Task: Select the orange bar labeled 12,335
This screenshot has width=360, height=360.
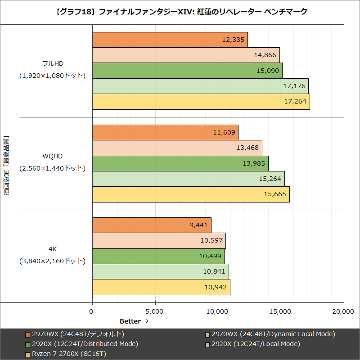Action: [x=170, y=40]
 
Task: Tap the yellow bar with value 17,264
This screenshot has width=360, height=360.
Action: [x=201, y=102]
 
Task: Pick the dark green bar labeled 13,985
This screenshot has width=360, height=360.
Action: [x=180, y=163]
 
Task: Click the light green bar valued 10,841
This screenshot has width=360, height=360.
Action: [x=160, y=271]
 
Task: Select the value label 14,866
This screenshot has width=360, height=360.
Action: [x=265, y=55]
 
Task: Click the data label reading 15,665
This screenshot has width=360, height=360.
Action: [x=274, y=194]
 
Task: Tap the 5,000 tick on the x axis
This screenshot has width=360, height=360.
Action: [x=155, y=311]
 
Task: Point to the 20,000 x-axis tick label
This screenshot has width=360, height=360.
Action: [x=344, y=311]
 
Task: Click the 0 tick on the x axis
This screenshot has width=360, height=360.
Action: [x=92, y=311]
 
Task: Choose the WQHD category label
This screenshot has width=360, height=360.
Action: [x=52, y=157]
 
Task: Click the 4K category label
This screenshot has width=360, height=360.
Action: [x=52, y=249]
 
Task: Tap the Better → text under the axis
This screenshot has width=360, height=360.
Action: [x=134, y=321]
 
